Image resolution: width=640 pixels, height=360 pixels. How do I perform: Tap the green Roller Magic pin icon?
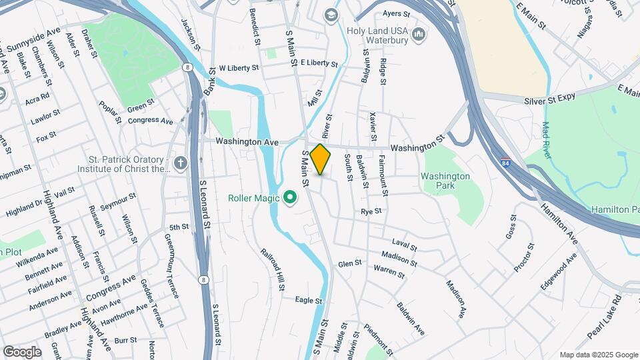pos(290,197)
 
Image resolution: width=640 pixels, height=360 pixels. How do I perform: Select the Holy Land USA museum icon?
pos(419,33)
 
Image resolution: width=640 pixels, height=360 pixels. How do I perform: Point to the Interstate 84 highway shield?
pos(507,163)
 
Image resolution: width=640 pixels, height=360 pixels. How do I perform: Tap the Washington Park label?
pos(445,181)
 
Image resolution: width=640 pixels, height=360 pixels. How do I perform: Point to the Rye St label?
pos(371,211)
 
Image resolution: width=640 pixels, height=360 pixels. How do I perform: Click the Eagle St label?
pos(309,301)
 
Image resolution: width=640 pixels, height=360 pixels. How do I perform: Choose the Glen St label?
pos(349,264)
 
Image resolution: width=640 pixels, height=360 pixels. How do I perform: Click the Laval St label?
pos(404,247)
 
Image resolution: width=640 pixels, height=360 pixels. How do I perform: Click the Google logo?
pos(22,351)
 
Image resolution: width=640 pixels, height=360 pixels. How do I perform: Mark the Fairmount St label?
pos(383,174)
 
